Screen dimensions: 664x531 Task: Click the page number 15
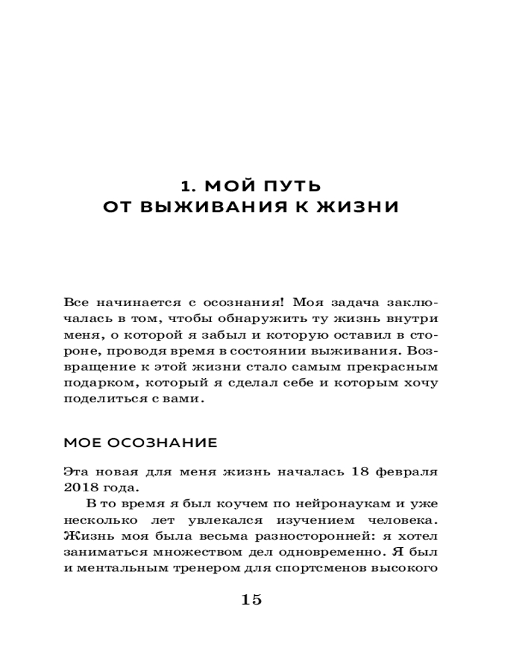[x=252, y=600]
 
